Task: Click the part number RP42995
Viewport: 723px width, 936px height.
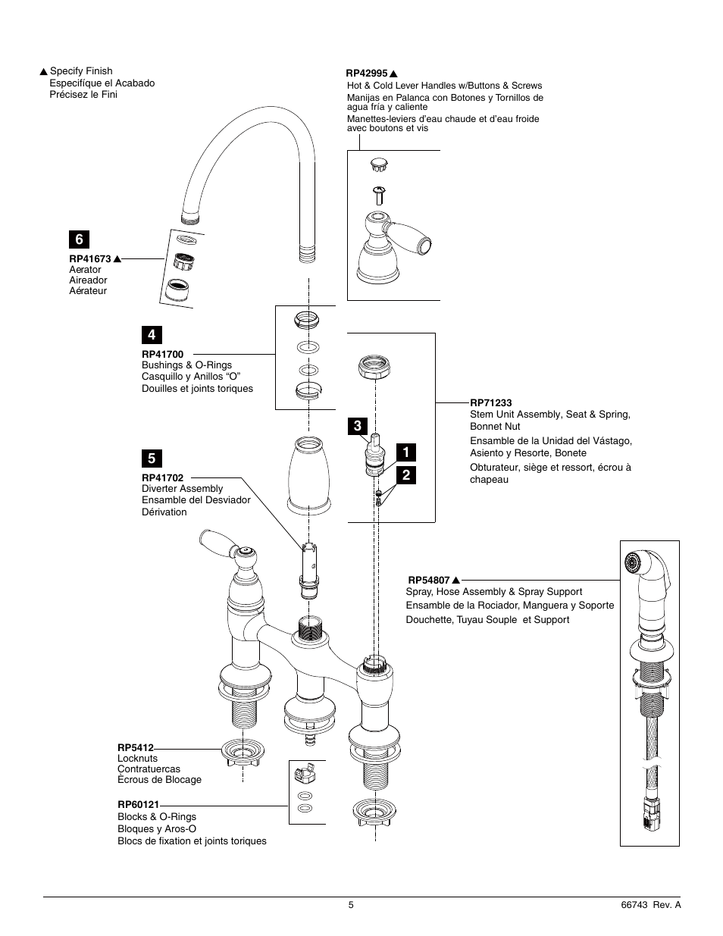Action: tap(367, 74)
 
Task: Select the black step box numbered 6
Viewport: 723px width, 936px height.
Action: tap(78, 239)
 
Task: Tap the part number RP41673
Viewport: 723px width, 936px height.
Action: tap(90, 259)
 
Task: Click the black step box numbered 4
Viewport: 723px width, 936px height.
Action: tap(151, 334)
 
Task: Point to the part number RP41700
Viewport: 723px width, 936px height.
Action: tap(162, 354)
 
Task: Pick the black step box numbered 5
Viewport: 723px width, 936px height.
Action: tap(151, 459)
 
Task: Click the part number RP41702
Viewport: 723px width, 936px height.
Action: tap(162, 478)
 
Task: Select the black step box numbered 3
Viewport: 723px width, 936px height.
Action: tap(357, 426)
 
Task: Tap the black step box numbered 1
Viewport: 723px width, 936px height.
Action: tap(406, 452)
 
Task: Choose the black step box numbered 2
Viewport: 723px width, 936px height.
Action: tap(406, 475)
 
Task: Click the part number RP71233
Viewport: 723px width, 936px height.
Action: tap(490, 403)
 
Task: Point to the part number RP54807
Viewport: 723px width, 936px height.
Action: tap(429, 580)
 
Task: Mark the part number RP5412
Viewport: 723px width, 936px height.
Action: tap(135, 747)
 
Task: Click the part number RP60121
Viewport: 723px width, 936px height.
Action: tap(138, 805)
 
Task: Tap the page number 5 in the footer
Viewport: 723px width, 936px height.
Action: tap(351, 905)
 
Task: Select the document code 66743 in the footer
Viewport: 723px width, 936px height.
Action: tap(633, 905)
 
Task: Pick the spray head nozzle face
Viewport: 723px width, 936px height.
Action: tap(630, 562)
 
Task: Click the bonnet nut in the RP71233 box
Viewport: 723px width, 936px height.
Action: tap(374, 368)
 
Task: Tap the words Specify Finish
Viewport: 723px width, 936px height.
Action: tap(81, 71)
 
